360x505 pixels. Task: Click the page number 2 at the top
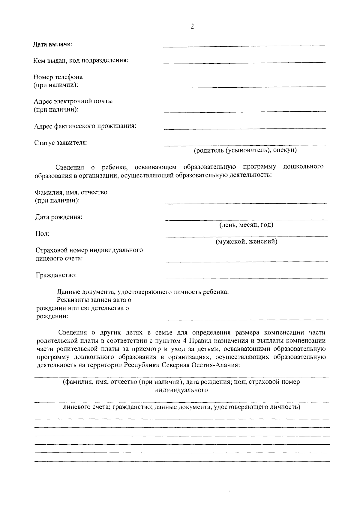(192, 26)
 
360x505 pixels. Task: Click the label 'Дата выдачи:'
(53, 44)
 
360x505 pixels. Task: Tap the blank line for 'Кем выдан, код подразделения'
(244, 62)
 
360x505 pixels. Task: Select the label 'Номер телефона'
(58, 77)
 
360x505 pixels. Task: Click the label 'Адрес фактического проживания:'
(85, 126)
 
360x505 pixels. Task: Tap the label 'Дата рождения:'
(59, 217)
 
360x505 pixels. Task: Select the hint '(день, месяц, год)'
(246, 225)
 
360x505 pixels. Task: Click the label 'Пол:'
(42, 234)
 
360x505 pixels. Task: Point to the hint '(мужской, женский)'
(247, 241)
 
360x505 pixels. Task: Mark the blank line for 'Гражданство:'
(247, 278)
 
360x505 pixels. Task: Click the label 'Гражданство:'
(56, 275)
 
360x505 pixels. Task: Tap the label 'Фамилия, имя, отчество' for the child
(71, 192)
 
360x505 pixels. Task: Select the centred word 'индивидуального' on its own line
(181, 390)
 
